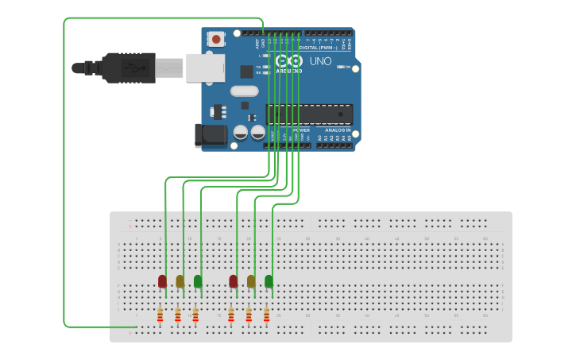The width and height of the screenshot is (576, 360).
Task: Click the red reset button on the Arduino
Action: (216, 38)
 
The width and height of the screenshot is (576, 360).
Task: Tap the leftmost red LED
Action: (162, 281)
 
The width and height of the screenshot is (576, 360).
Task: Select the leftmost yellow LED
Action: (180, 281)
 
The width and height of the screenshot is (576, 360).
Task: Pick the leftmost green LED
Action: (198, 281)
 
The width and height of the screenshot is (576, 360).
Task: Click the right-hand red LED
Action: (234, 281)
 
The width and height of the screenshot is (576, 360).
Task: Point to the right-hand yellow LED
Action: (251, 281)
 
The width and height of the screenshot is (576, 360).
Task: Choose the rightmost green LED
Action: (269, 281)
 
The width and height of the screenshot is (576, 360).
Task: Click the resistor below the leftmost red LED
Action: (160, 316)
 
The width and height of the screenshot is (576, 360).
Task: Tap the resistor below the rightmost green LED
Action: (266, 316)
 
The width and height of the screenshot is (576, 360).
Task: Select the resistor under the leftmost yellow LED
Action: (177, 316)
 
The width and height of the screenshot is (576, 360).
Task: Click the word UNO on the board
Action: (320, 61)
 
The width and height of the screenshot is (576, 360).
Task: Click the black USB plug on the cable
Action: (127, 68)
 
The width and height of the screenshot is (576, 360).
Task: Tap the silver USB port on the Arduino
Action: (205, 68)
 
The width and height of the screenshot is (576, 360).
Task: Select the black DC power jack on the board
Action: (211, 134)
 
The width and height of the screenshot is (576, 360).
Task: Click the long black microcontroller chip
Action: (309, 114)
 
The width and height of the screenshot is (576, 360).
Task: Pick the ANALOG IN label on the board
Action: (337, 130)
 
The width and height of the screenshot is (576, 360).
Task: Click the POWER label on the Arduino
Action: (302, 130)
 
